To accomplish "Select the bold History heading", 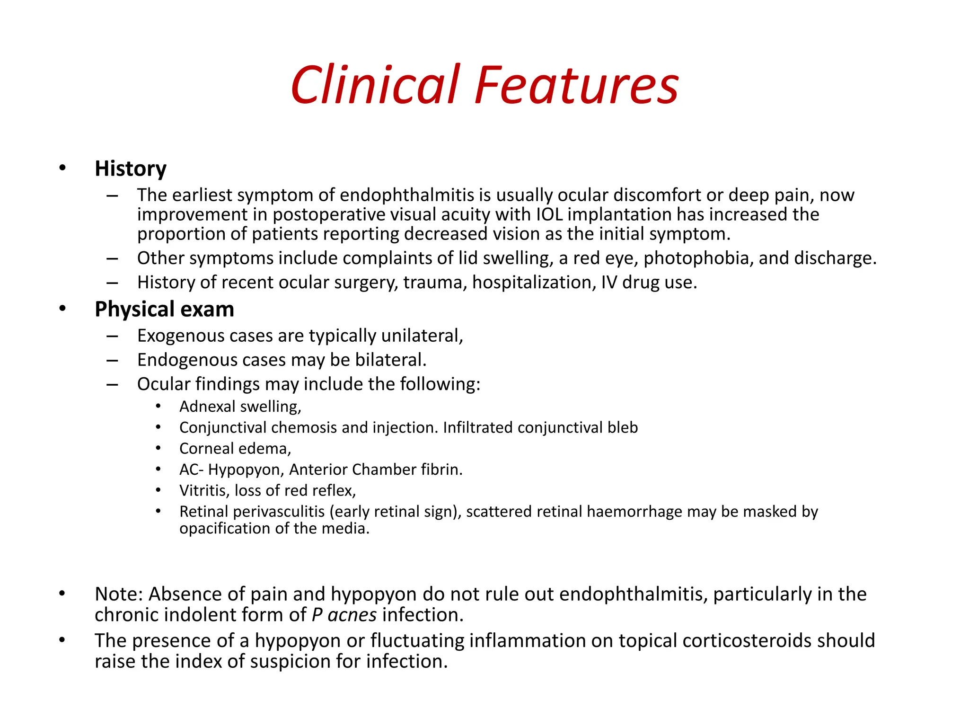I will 131,169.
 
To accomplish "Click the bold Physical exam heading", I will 164,310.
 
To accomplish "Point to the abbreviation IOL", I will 549,214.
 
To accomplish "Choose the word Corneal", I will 206,449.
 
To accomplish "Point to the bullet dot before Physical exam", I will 62,309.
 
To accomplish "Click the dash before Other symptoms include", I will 112,259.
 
